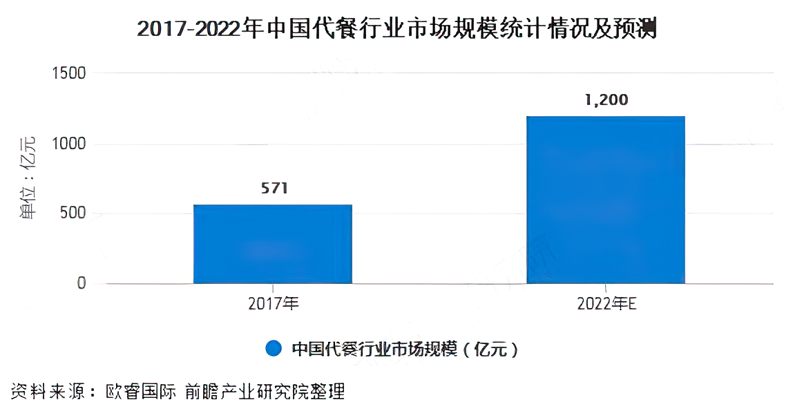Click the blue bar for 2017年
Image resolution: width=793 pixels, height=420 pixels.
point(273,244)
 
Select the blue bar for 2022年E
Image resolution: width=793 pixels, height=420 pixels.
point(606,200)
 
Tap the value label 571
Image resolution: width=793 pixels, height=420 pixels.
point(273,189)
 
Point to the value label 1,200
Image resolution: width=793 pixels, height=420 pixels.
point(606,100)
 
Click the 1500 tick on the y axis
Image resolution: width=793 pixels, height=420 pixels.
point(70,73)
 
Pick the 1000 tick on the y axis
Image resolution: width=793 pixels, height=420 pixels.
point(70,144)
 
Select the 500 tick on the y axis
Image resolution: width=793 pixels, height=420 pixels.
point(73,213)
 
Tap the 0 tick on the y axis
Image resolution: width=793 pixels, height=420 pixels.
point(82,283)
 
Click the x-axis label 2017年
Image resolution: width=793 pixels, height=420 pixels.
point(273,304)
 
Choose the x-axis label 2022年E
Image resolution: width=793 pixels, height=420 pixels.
point(606,304)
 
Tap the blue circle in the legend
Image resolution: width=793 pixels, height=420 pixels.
point(274,349)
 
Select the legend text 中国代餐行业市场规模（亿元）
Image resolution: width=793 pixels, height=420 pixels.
point(405,349)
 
